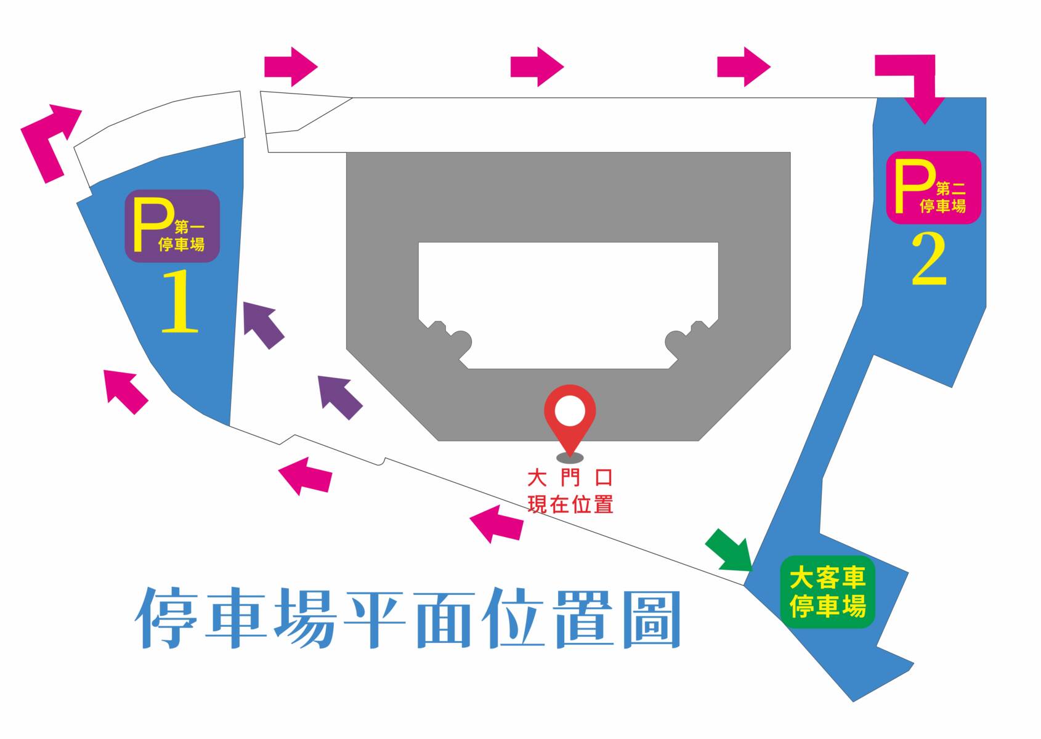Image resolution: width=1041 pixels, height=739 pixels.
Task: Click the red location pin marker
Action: (570, 410)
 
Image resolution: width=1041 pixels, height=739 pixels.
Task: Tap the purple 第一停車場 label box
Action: (172, 226)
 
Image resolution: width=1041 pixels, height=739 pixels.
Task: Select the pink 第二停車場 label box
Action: (933, 187)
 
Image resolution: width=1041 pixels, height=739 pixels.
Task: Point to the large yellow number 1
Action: (179, 302)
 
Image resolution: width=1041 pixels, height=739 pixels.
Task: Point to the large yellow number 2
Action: (929, 260)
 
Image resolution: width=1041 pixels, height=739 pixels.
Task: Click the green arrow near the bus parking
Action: (731, 551)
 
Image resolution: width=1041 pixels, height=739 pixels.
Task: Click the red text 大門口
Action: (570, 477)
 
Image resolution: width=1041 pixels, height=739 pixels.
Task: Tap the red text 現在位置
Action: (570, 504)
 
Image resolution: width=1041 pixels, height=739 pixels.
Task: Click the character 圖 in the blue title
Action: (652, 619)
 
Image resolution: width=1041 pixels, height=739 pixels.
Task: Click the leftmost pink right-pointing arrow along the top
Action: (291, 67)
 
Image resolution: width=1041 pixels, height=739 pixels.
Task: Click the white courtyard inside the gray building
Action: (568, 296)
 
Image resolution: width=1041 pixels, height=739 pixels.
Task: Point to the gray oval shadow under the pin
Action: (570, 458)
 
